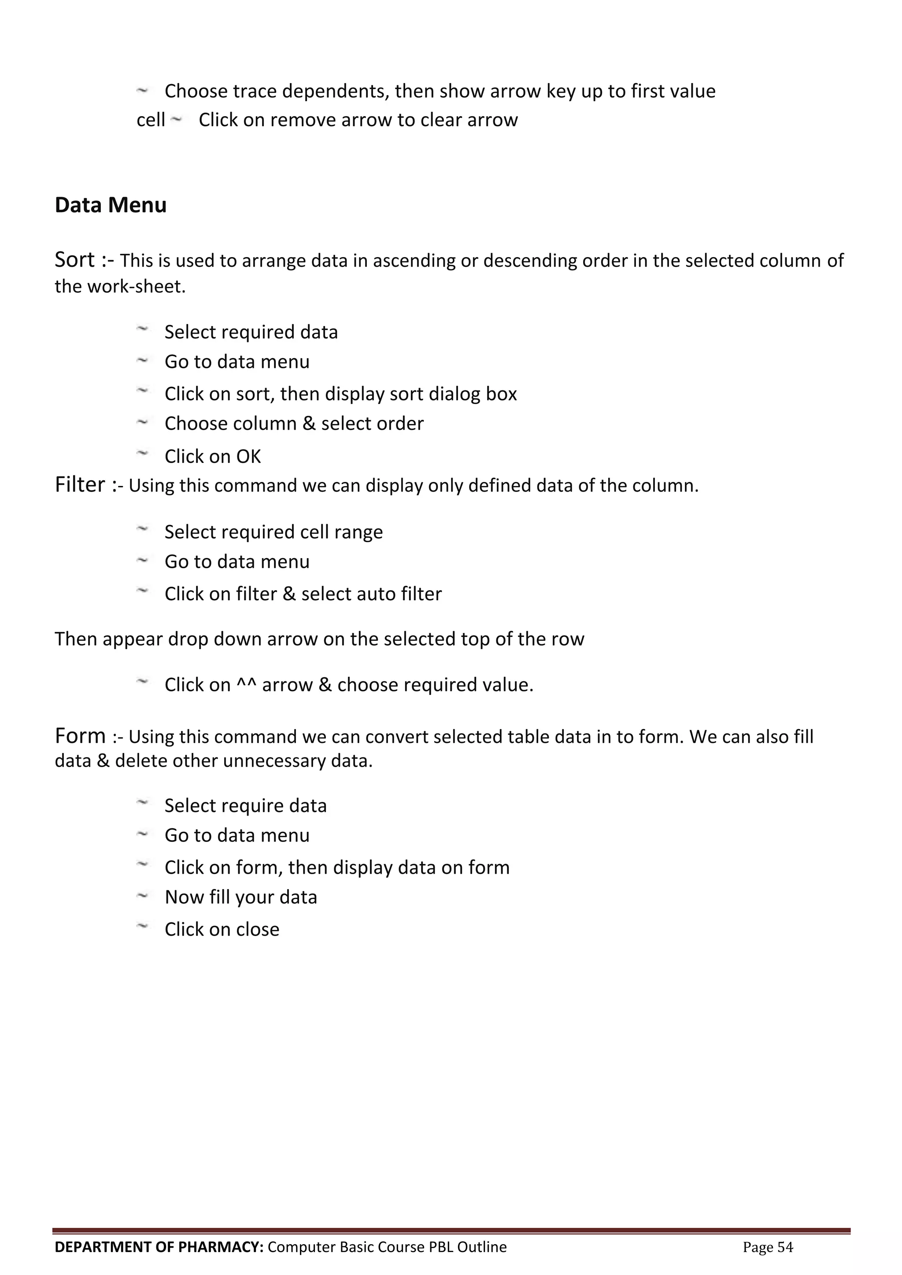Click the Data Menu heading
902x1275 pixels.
[x=111, y=205]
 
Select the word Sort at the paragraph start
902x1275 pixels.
[x=74, y=260]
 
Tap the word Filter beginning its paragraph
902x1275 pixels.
[x=79, y=485]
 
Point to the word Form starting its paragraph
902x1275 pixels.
[x=80, y=736]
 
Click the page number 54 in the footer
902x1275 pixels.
[x=785, y=1247]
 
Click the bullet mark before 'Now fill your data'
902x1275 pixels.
[x=142, y=896]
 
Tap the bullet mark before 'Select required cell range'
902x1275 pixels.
[x=142, y=529]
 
